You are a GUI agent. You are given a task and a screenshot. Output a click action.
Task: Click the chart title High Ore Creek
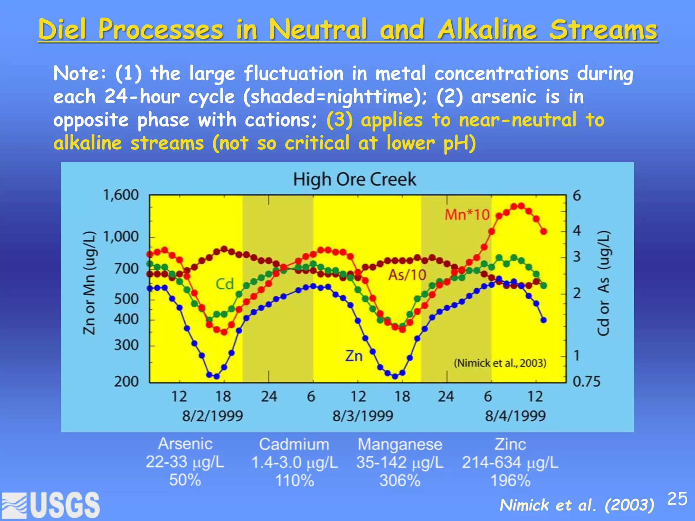[354, 179]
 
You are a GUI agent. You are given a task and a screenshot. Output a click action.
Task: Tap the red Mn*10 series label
[467, 215]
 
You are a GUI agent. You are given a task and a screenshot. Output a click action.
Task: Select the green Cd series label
[225, 284]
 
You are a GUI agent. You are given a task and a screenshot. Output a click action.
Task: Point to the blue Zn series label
[354, 356]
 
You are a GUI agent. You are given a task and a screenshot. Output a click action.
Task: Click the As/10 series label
[407, 275]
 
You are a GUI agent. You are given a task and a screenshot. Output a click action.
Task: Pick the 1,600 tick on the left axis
[121, 195]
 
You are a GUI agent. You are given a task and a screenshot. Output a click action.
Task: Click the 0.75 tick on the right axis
[586, 382]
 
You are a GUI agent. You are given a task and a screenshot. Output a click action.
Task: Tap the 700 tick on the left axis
[126, 269]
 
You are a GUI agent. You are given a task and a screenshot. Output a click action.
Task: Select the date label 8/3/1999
[362, 416]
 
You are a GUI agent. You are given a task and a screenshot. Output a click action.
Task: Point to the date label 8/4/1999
[515, 416]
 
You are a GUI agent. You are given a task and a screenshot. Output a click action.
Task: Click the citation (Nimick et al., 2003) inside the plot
[500, 363]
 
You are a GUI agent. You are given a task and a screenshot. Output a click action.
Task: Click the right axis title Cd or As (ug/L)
[603, 283]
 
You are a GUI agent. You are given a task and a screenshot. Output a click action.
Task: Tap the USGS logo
[51, 505]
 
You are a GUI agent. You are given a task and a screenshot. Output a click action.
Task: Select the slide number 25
[677, 499]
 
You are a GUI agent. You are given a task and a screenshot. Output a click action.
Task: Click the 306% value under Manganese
[400, 481]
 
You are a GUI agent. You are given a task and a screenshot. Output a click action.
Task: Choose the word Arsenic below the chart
[185, 444]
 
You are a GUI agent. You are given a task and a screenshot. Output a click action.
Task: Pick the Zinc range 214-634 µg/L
[510, 462]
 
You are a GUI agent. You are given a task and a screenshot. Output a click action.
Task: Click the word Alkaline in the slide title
[487, 30]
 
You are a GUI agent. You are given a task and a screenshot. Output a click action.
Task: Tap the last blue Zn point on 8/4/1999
[543, 320]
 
